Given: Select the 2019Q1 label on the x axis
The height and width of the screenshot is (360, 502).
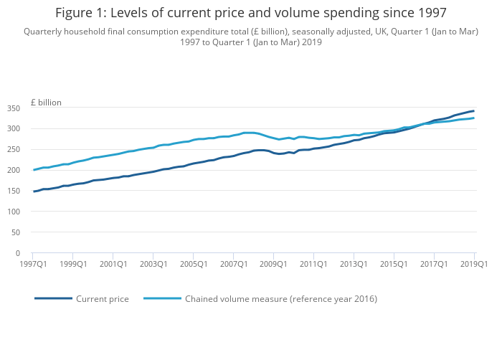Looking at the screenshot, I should click(x=473, y=264).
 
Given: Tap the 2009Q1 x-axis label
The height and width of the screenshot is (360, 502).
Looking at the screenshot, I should click(x=273, y=264).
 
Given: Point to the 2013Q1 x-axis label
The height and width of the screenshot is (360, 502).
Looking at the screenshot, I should click(x=354, y=264).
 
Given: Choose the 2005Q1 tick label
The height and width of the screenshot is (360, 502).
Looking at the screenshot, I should click(x=193, y=264).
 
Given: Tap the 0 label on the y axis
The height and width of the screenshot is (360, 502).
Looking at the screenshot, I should click(x=17, y=253).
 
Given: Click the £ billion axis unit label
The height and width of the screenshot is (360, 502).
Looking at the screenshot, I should click(x=46, y=103).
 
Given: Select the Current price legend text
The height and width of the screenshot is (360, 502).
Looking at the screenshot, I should click(x=103, y=298).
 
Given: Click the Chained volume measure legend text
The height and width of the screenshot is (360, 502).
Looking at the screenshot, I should click(x=280, y=298).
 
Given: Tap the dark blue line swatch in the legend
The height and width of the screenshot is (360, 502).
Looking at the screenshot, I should click(x=53, y=298).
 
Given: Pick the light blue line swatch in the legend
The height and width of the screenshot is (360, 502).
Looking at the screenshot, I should click(x=162, y=298).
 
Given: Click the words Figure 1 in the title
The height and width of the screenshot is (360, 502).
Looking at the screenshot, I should click(x=80, y=13).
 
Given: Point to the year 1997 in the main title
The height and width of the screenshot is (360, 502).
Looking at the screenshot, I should click(x=430, y=13).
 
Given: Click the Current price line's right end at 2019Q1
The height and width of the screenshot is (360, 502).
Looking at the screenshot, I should click(x=474, y=110).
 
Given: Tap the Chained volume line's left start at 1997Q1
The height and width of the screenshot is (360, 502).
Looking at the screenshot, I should click(x=34, y=170).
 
